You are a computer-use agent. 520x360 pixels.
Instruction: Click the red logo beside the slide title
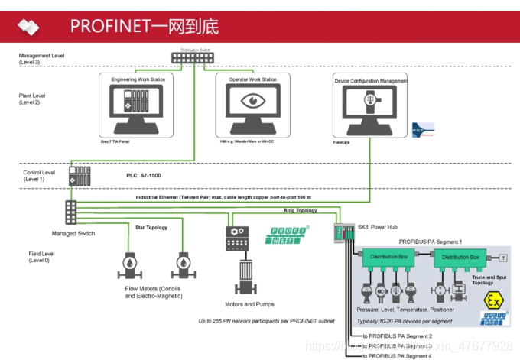coord(28,25)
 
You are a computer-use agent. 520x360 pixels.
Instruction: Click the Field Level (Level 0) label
coord(34,258)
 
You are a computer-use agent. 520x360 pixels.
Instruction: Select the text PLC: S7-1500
coord(146,175)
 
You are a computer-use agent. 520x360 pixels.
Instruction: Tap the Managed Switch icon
coord(71,210)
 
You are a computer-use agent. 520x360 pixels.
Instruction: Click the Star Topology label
coord(151,227)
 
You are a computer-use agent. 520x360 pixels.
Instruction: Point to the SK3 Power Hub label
coord(381,227)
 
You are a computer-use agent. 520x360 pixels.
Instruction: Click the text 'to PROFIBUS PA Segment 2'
coord(397,336)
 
